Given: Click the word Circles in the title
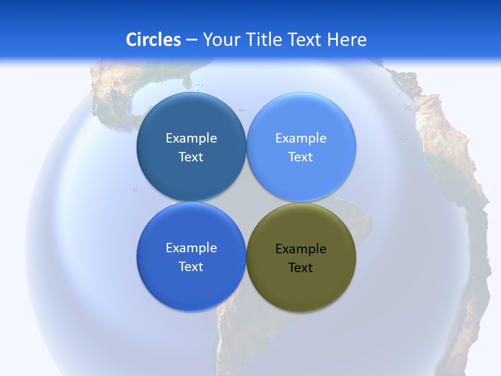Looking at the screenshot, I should (153, 40).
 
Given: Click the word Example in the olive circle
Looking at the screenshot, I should (301, 249).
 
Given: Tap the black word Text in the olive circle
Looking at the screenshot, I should (301, 268).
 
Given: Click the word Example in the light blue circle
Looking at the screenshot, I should (301, 138).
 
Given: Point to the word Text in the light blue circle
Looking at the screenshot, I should (301, 157).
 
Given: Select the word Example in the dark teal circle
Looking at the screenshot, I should (191, 138).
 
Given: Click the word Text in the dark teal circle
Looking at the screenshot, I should (191, 157).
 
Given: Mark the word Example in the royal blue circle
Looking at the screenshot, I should (191, 248).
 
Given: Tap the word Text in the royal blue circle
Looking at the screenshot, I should (191, 267).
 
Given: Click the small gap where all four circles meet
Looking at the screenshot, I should (246, 202).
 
